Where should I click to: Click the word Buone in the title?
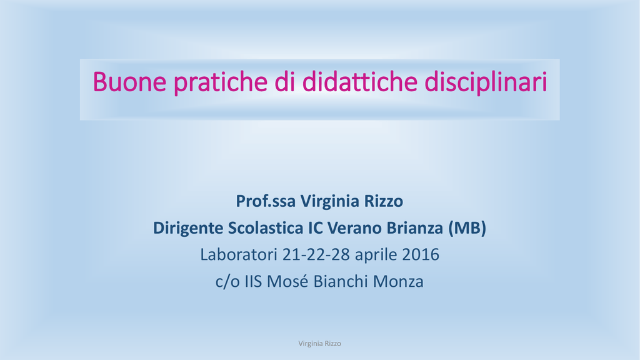pos(130,82)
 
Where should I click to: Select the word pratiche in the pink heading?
pos(221,83)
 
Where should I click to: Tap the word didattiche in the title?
pos(359,81)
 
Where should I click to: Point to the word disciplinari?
pos(486,83)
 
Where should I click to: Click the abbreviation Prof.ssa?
pos(266,201)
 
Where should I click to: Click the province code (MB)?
pos(467,228)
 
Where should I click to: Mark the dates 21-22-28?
pos(316,255)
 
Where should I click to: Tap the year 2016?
pos(421,255)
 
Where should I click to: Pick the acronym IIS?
pos(253,282)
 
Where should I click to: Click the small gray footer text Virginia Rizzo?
pos(319,344)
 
